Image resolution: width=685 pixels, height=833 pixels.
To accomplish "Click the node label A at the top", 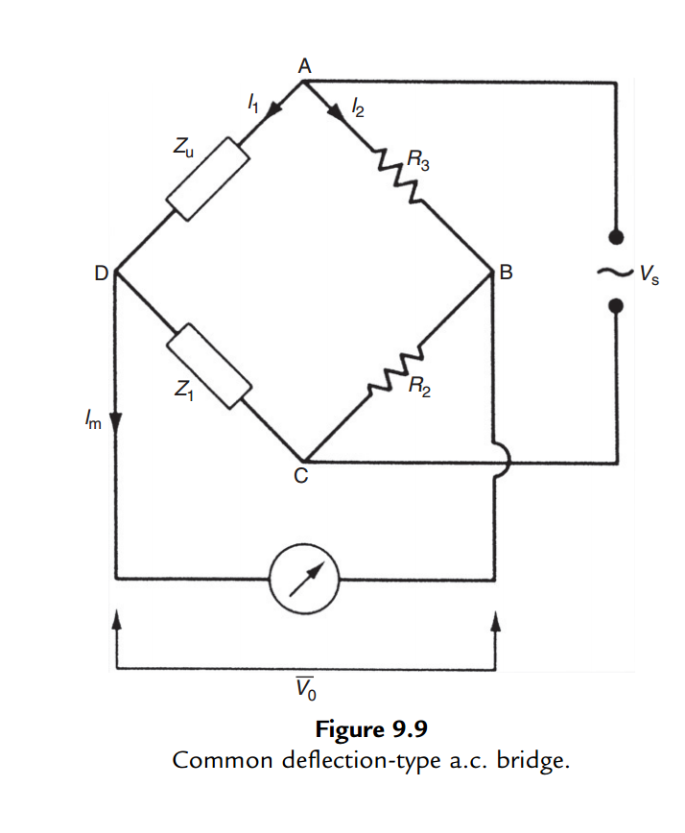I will pos(304,65).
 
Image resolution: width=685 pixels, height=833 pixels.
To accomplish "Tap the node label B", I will pos(507,274).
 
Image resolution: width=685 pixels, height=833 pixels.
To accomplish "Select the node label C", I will pos(301,479).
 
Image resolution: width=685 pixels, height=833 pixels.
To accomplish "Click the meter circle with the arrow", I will pos(303,579).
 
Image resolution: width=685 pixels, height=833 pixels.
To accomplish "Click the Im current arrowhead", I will pos(115,422).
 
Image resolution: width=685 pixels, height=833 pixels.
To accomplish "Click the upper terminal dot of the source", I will pos(616,235).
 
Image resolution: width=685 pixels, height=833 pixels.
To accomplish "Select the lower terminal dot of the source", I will pos(616,305).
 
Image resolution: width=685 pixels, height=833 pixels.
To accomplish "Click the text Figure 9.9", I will pos(368,729).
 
